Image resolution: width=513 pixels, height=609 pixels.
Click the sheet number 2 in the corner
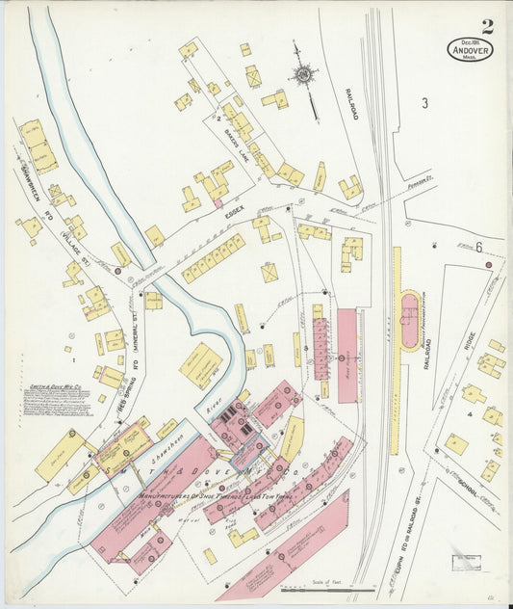click(x=488, y=26)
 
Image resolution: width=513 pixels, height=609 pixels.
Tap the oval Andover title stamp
click(x=471, y=49)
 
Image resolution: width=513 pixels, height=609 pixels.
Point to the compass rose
click(x=305, y=75)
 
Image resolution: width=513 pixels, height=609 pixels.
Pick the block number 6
click(x=477, y=247)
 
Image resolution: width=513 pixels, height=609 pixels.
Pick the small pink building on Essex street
click(x=218, y=202)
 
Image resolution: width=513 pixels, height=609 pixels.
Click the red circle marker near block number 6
click(x=489, y=264)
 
